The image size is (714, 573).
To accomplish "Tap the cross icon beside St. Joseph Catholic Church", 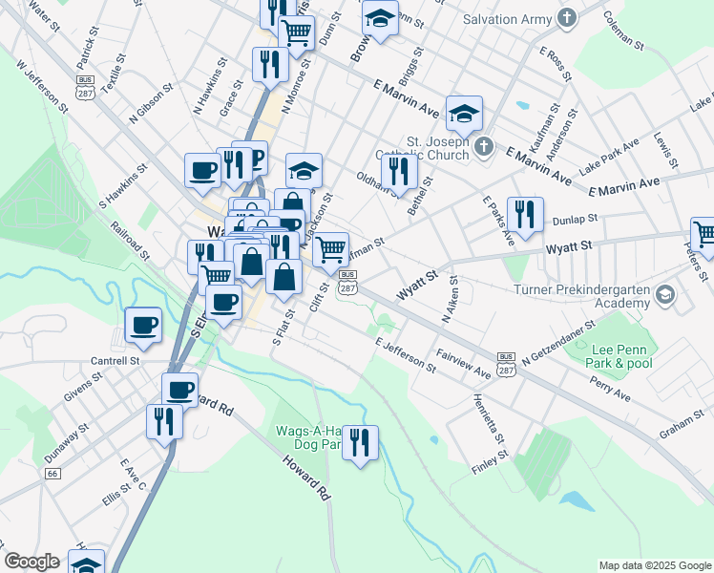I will click(x=484, y=146).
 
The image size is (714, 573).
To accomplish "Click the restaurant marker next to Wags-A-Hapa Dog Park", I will click(x=360, y=441).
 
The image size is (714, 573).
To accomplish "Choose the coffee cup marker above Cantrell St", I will click(x=143, y=325).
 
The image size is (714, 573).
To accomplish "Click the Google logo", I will click(x=31, y=562).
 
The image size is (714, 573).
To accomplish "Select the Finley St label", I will click(x=489, y=460).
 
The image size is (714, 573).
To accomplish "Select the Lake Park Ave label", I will click(x=608, y=151).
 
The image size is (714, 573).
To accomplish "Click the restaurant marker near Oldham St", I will click(x=398, y=171).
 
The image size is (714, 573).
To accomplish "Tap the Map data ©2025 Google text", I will click(x=654, y=565).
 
